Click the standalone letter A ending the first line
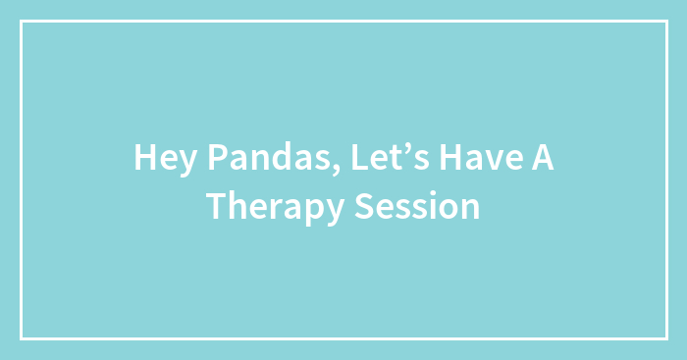[x=543, y=158]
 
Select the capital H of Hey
[x=143, y=158]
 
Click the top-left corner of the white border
[x=22, y=22]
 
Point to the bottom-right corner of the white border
[x=665, y=337]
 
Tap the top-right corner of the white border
[x=665, y=22]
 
